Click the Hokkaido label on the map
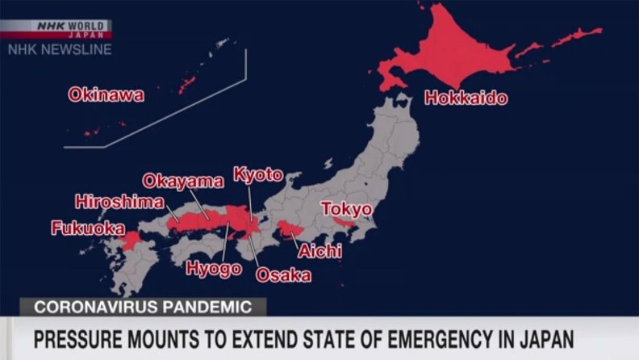click(x=466, y=98)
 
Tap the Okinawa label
click(x=106, y=95)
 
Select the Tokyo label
click(x=347, y=209)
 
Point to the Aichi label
click(x=320, y=251)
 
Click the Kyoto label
click(x=258, y=174)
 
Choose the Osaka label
click(x=283, y=274)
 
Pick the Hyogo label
click(x=214, y=268)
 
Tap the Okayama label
click(x=183, y=181)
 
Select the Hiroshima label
click(x=119, y=202)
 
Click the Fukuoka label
click(x=88, y=228)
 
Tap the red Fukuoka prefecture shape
click(x=131, y=241)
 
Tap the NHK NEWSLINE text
click(x=60, y=49)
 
